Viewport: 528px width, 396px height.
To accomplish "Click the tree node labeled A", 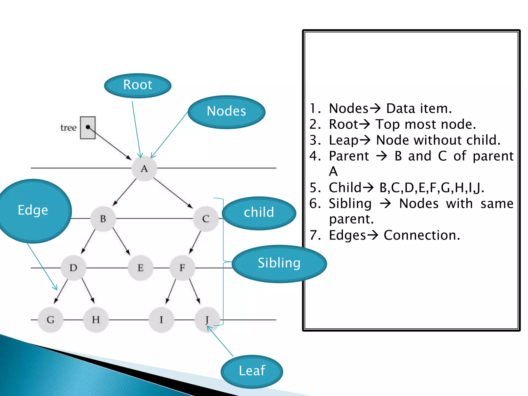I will (x=144, y=168).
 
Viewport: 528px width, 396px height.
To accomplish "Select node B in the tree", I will (x=103, y=219).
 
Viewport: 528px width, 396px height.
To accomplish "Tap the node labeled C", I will (x=206, y=219).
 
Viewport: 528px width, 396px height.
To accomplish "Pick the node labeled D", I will (x=73, y=268).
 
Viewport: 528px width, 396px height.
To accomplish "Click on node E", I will (x=141, y=268).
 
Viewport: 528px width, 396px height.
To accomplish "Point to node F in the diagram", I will (x=182, y=268).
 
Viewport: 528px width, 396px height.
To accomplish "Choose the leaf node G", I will (x=51, y=320).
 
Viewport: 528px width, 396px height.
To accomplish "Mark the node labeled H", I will (x=96, y=320).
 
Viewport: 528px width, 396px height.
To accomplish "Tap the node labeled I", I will (x=161, y=320).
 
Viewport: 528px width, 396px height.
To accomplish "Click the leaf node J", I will (x=207, y=320).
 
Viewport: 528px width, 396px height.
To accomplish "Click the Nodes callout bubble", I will (x=226, y=112).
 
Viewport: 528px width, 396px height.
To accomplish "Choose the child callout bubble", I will (x=259, y=213).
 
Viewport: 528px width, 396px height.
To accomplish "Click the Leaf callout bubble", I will (x=252, y=371).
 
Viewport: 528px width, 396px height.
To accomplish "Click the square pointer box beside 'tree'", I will (x=88, y=128).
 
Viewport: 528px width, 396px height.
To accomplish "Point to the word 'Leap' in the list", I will (x=344, y=141).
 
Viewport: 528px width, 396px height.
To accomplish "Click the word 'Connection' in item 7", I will (x=422, y=235).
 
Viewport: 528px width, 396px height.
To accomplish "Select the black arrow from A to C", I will (x=173, y=193).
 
